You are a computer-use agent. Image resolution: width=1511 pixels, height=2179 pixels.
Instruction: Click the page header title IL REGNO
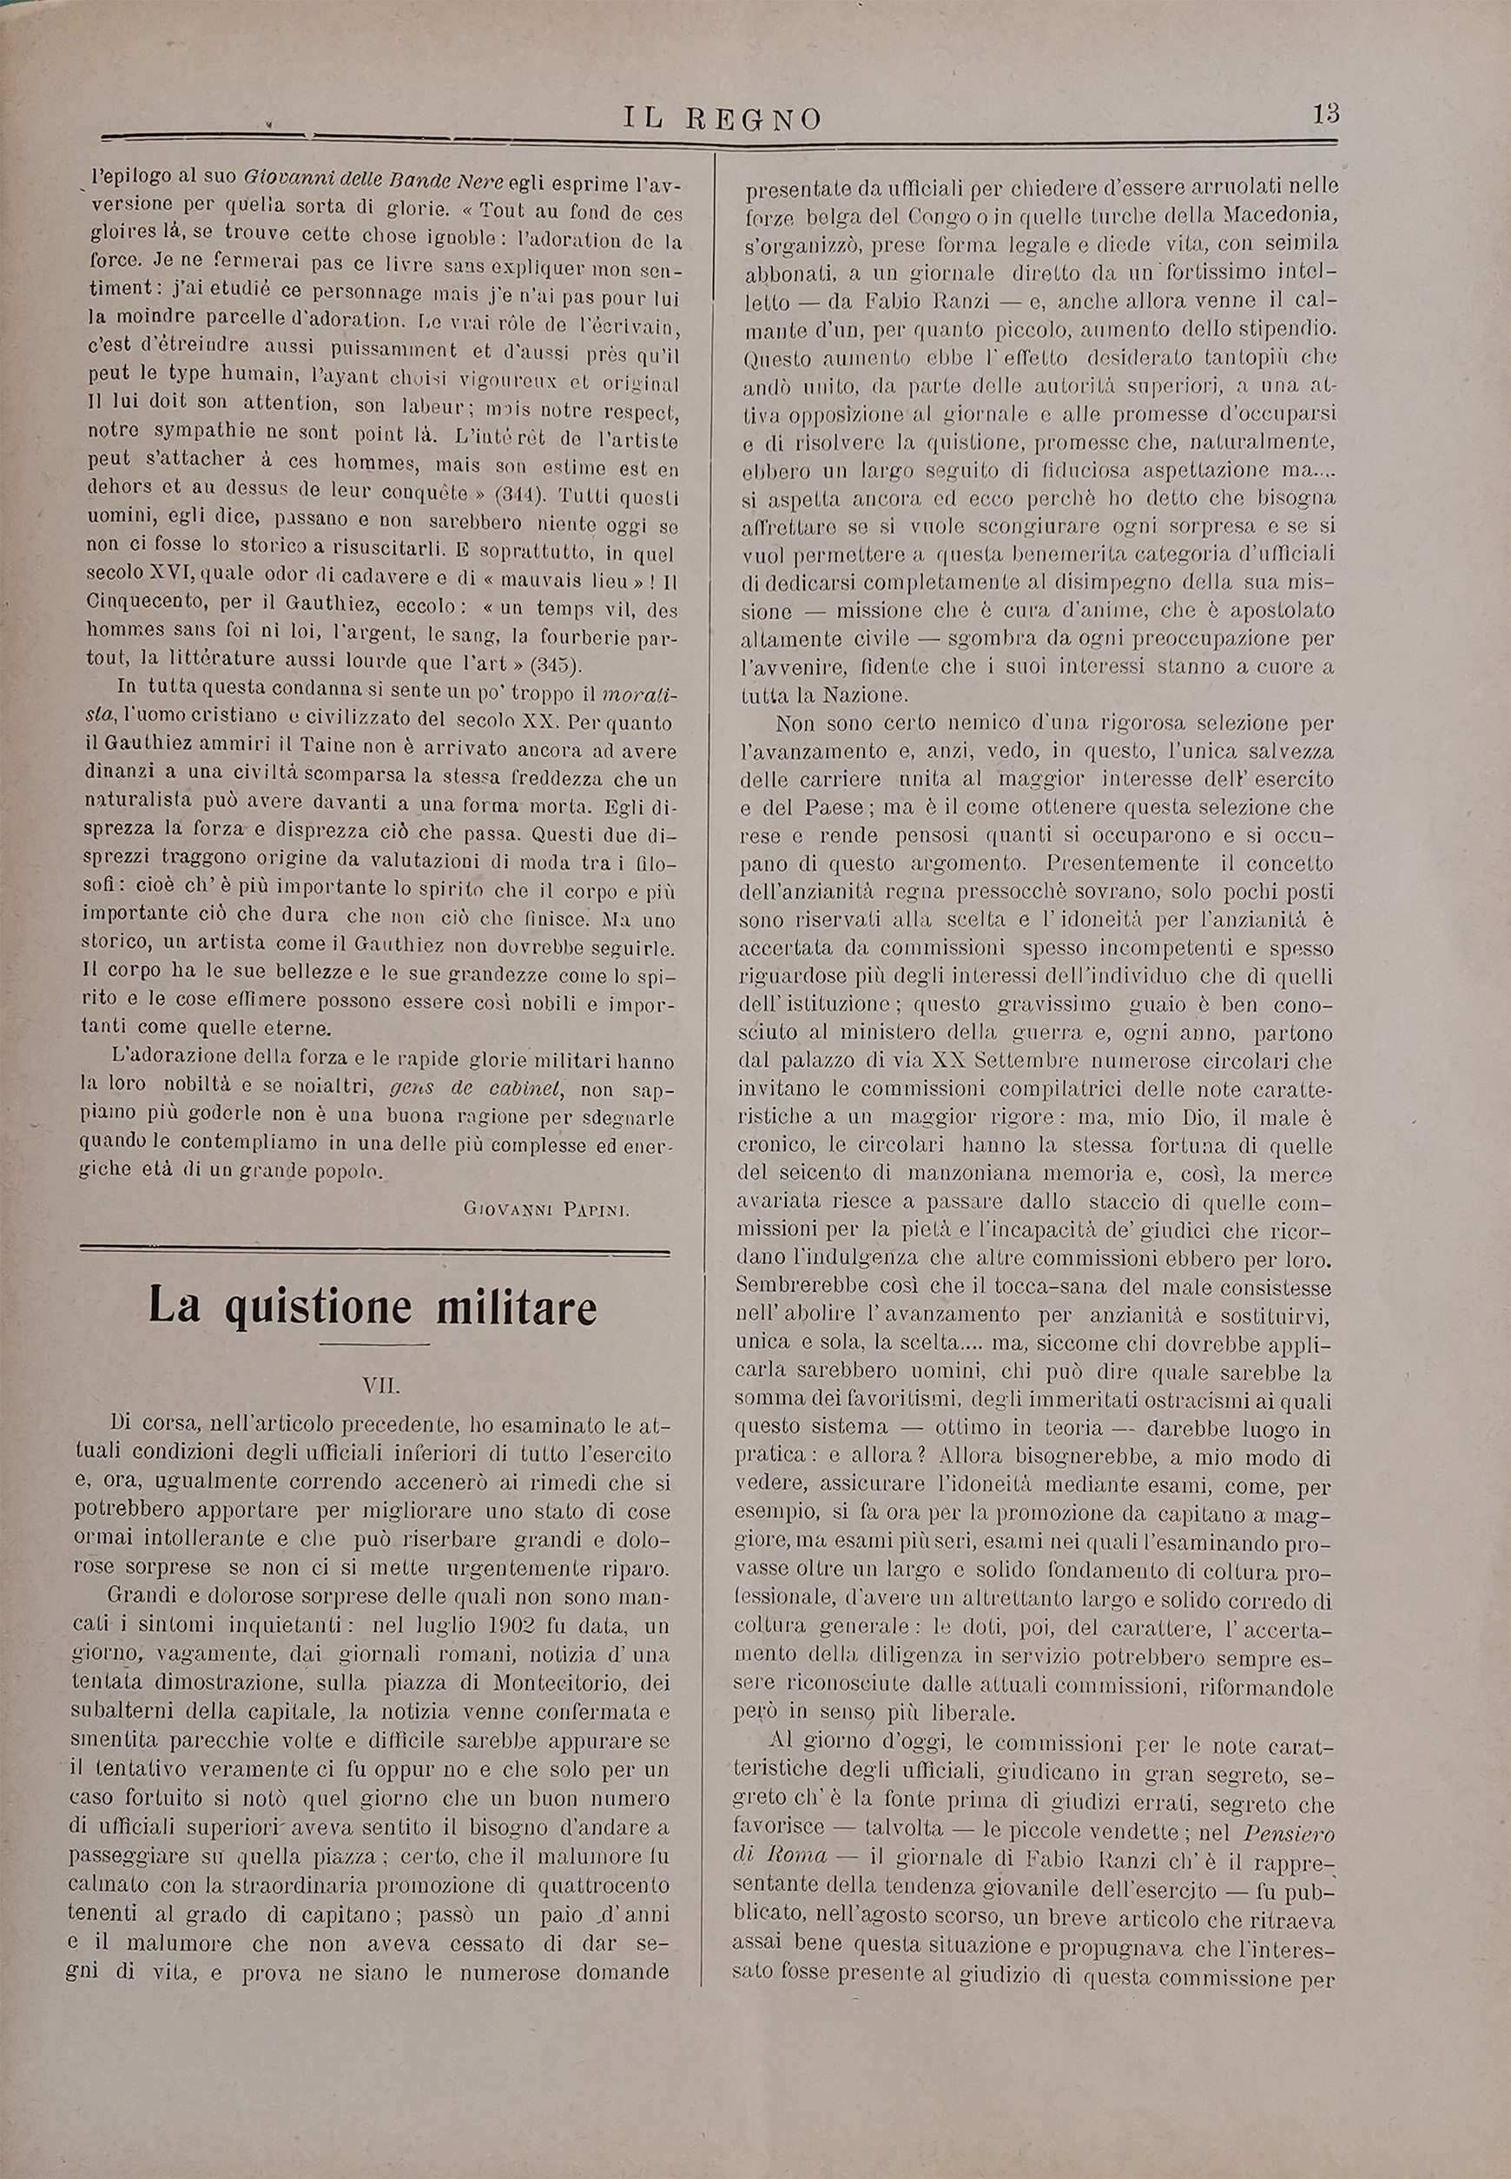click(723, 118)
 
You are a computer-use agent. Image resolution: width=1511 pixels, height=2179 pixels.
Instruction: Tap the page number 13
click(1325, 114)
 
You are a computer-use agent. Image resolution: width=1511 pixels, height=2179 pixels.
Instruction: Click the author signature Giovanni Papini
click(547, 1208)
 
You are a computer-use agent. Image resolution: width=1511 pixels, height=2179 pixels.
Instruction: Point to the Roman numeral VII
click(381, 1386)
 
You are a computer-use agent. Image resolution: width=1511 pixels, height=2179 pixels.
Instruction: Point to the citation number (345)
click(555, 662)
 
